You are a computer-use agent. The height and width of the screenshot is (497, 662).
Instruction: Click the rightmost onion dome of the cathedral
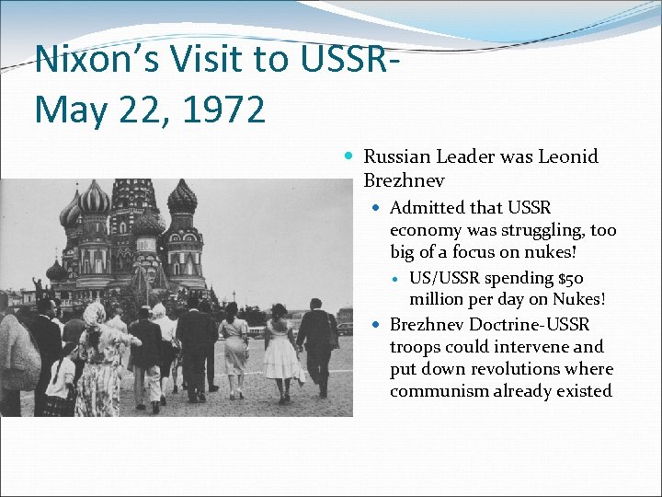click(182, 197)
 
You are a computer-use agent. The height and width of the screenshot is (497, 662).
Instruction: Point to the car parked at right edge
click(345, 328)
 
